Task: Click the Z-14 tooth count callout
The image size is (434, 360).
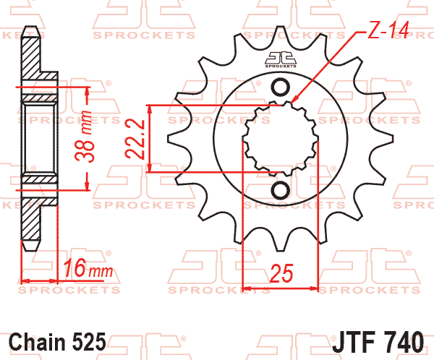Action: tap(388, 30)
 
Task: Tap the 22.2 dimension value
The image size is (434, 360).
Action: tap(135, 139)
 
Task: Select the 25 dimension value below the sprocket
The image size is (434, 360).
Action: tap(281, 273)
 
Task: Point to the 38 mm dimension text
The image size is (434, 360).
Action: tap(84, 136)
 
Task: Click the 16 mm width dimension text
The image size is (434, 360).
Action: tap(88, 268)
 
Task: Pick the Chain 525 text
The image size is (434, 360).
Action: tap(57, 342)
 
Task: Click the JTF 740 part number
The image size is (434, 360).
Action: tap(378, 342)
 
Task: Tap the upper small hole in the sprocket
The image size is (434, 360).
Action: tap(281, 87)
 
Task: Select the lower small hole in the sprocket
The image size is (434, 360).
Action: tap(281, 190)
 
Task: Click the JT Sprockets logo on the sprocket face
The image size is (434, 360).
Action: tap(281, 60)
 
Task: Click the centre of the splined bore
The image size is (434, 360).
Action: tap(281, 139)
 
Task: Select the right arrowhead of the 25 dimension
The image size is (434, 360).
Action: tap(314, 288)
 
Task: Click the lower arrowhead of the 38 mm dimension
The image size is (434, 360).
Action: tap(88, 186)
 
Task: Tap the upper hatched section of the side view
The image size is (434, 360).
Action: tap(31, 57)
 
